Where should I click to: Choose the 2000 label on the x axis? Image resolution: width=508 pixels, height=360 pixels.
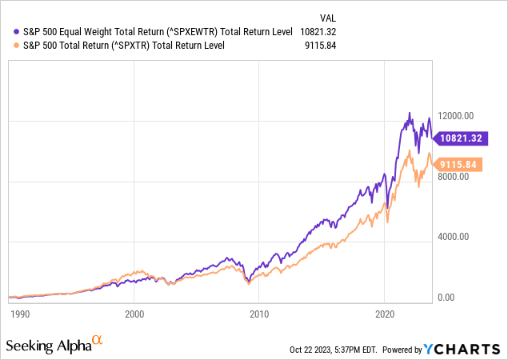coord(134,314)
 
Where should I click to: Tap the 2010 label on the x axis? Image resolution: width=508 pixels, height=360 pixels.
coord(260,314)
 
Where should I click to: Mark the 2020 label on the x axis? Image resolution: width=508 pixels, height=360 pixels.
coord(386,314)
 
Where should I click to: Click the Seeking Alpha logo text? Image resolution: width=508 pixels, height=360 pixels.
coord(47,345)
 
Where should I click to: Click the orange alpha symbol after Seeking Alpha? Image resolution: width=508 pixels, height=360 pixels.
coord(98,342)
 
